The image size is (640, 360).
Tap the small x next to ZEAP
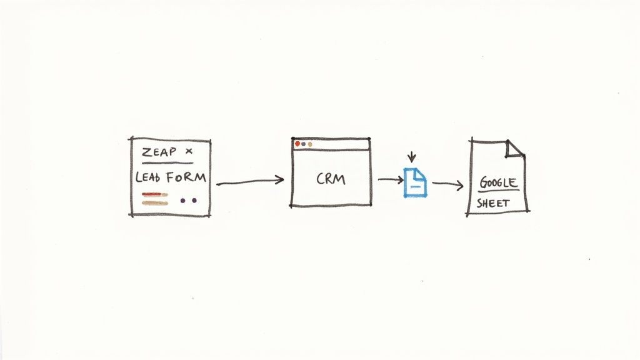189,151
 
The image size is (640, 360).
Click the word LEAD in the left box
147,177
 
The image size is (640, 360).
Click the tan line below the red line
155,202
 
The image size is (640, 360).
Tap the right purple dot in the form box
194,201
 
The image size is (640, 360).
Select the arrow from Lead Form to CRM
250,181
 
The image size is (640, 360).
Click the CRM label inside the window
331,179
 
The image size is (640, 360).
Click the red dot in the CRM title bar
297,144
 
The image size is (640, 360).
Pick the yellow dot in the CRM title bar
310,144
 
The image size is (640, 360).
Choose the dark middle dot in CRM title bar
304,144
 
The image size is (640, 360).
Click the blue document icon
415,182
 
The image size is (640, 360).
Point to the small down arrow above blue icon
411,156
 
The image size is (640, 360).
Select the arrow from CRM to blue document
390,180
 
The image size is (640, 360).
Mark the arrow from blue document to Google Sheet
447,184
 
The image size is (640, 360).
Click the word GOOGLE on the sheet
499,183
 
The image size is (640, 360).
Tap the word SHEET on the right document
493,203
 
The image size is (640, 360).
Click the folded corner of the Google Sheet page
514,148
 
